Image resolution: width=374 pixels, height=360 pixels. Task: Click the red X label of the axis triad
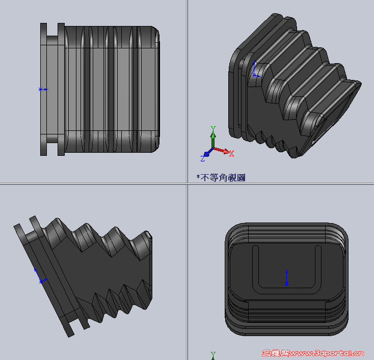(231, 153)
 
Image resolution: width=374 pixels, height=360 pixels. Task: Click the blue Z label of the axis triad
(202, 159)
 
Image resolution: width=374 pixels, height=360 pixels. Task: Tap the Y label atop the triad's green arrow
(213, 129)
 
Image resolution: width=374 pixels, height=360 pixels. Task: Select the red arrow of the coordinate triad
(221, 150)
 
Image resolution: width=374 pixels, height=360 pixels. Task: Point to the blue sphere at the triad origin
(207, 154)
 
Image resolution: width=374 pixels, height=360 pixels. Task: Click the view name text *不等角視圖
(221, 178)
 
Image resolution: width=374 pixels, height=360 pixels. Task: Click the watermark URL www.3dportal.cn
(334, 353)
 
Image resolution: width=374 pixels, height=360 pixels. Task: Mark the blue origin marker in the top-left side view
(42, 89)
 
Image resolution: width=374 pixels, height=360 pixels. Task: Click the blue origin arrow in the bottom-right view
(286, 278)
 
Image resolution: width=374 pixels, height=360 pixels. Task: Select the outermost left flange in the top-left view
(43, 89)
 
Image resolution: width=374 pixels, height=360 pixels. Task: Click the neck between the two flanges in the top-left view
(52, 89)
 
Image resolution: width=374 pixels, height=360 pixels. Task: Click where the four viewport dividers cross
(187, 184)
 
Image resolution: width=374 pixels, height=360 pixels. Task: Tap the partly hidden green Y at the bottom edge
(213, 355)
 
